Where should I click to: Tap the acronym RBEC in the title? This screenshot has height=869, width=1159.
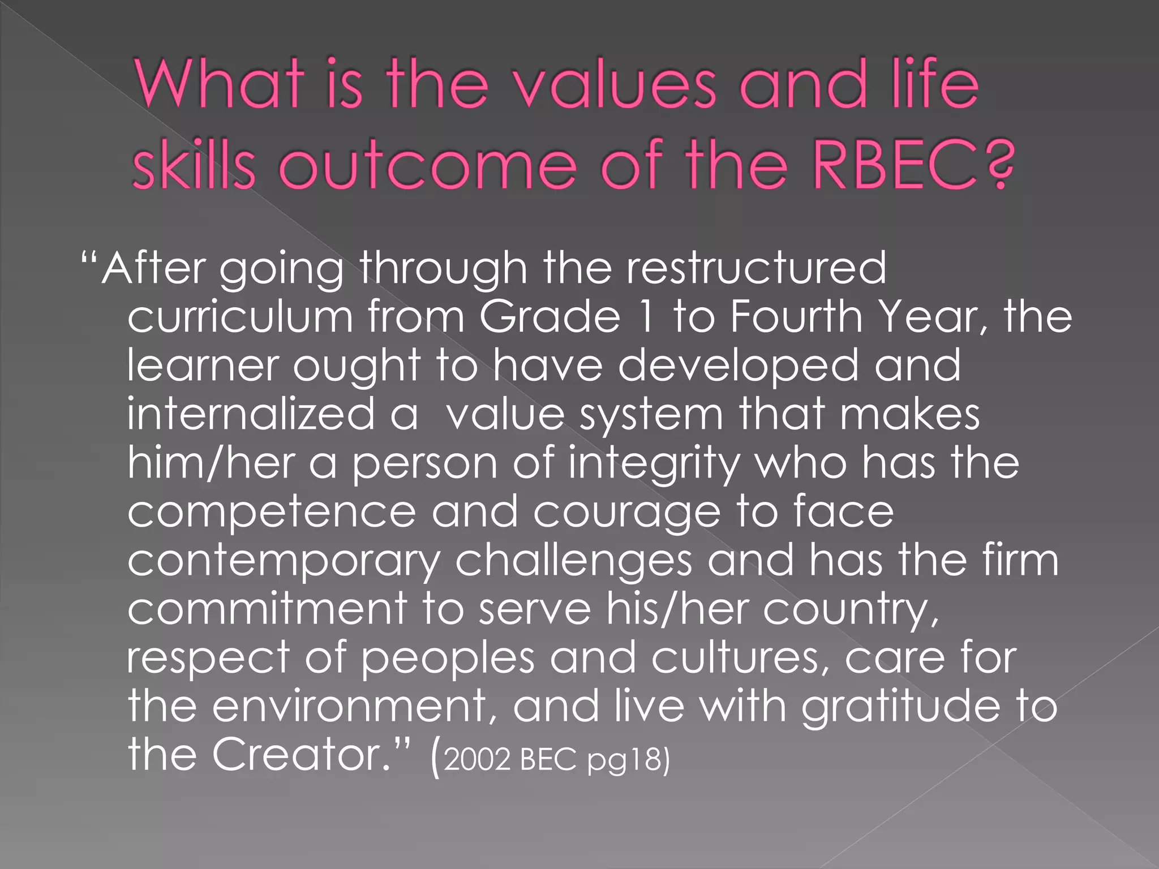tap(894, 166)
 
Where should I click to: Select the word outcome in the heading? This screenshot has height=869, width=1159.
tap(427, 166)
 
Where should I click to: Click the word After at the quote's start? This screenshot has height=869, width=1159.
tap(153, 267)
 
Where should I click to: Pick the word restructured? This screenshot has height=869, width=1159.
tap(756, 267)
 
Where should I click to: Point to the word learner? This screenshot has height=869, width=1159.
tap(202, 365)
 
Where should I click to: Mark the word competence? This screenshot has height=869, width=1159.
tap(272, 512)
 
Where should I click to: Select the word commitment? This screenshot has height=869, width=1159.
tap(267, 609)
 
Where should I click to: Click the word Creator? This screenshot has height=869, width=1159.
tap(301, 755)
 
